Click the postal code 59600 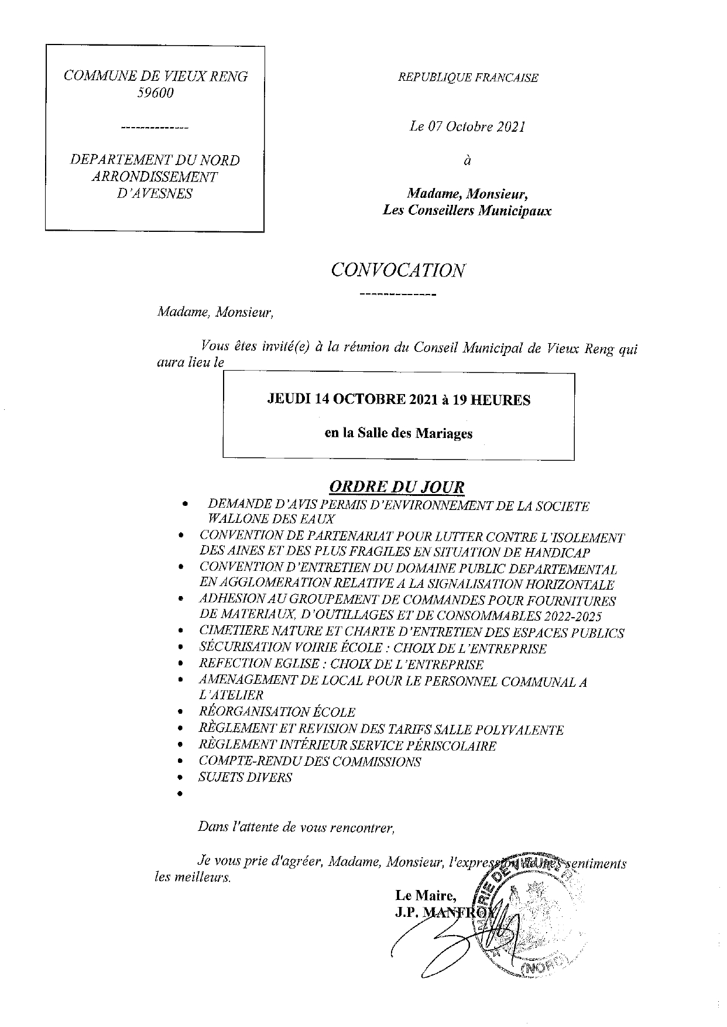[x=156, y=93]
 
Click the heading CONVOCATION [x=398, y=271]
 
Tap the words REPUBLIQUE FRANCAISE [x=468, y=77]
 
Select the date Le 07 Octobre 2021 [x=468, y=127]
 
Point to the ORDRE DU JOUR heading [x=397, y=487]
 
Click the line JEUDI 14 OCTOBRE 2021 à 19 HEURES [x=399, y=400]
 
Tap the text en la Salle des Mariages [x=399, y=434]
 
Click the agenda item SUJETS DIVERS [x=245, y=778]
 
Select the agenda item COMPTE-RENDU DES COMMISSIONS [x=310, y=762]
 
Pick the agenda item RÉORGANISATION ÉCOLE [x=277, y=713]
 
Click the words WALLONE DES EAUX [x=268, y=519]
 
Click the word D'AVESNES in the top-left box [x=155, y=194]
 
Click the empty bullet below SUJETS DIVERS [x=182, y=794]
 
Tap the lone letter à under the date [x=467, y=160]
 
